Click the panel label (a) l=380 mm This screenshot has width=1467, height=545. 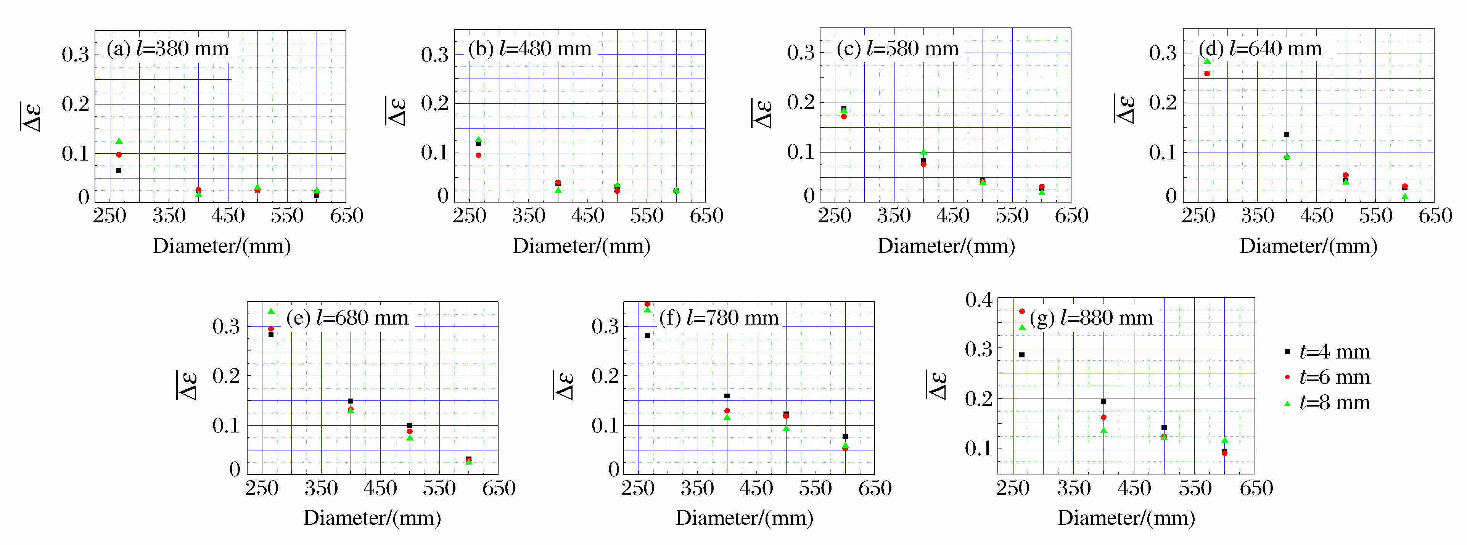[x=168, y=49]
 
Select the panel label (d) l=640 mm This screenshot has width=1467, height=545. [x=1260, y=49]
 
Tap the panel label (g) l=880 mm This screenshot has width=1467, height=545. [x=1091, y=318]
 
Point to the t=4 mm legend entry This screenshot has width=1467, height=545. [x=1327, y=352]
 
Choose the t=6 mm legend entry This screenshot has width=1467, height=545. [x=1327, y=377]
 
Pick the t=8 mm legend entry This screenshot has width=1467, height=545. [x=1327, y=403]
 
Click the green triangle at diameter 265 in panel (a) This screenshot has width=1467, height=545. [x=119, y=141]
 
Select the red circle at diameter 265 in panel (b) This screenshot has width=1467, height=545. [x=478, y=155]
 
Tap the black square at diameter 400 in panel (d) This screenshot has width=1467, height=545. [x=1287, y=134]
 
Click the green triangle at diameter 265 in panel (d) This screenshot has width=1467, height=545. [x=1207, y=61]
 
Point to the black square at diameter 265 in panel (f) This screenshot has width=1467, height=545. [x=648, y=335]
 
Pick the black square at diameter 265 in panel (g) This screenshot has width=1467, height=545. [x=1021, y=355]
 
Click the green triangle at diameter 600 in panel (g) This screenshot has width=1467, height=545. [x=1224, y=440]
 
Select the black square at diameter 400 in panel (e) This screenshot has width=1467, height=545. [x=350, y=401]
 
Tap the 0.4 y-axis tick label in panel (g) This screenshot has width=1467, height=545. [x=978, y=299]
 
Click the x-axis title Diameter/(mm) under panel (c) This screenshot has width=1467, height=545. [x=946, y=246]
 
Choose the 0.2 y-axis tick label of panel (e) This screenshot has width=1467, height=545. [x=226, y=376]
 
